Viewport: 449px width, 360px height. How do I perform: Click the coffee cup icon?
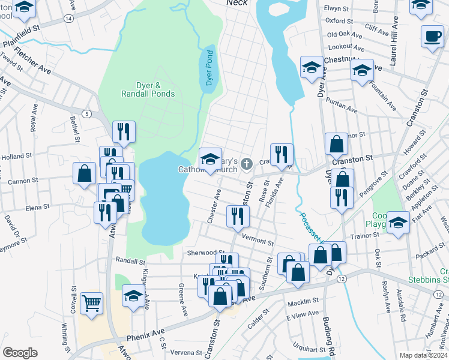pyautogui.click(x=432, y=37)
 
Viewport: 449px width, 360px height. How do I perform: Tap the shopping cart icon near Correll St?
pyautogui.click(x=91, y=303)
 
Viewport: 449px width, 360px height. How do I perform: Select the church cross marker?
pyautogui.click(x=246, y=163)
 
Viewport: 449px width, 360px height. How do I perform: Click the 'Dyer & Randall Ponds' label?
pyautogui.click(x=148, y=90)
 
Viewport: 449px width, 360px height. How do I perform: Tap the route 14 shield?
pyautogui.click(x=69, y=19)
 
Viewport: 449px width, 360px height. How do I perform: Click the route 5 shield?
pyautogui.click(x=87, y=113)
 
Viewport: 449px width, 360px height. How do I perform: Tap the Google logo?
pyautogui.click(x=20, y=352)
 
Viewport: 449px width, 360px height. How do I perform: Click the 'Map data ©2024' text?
pyautogui.click(x=423, y=355)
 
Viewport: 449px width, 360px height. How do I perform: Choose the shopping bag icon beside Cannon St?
pyautogui.click(x=85, y=173)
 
